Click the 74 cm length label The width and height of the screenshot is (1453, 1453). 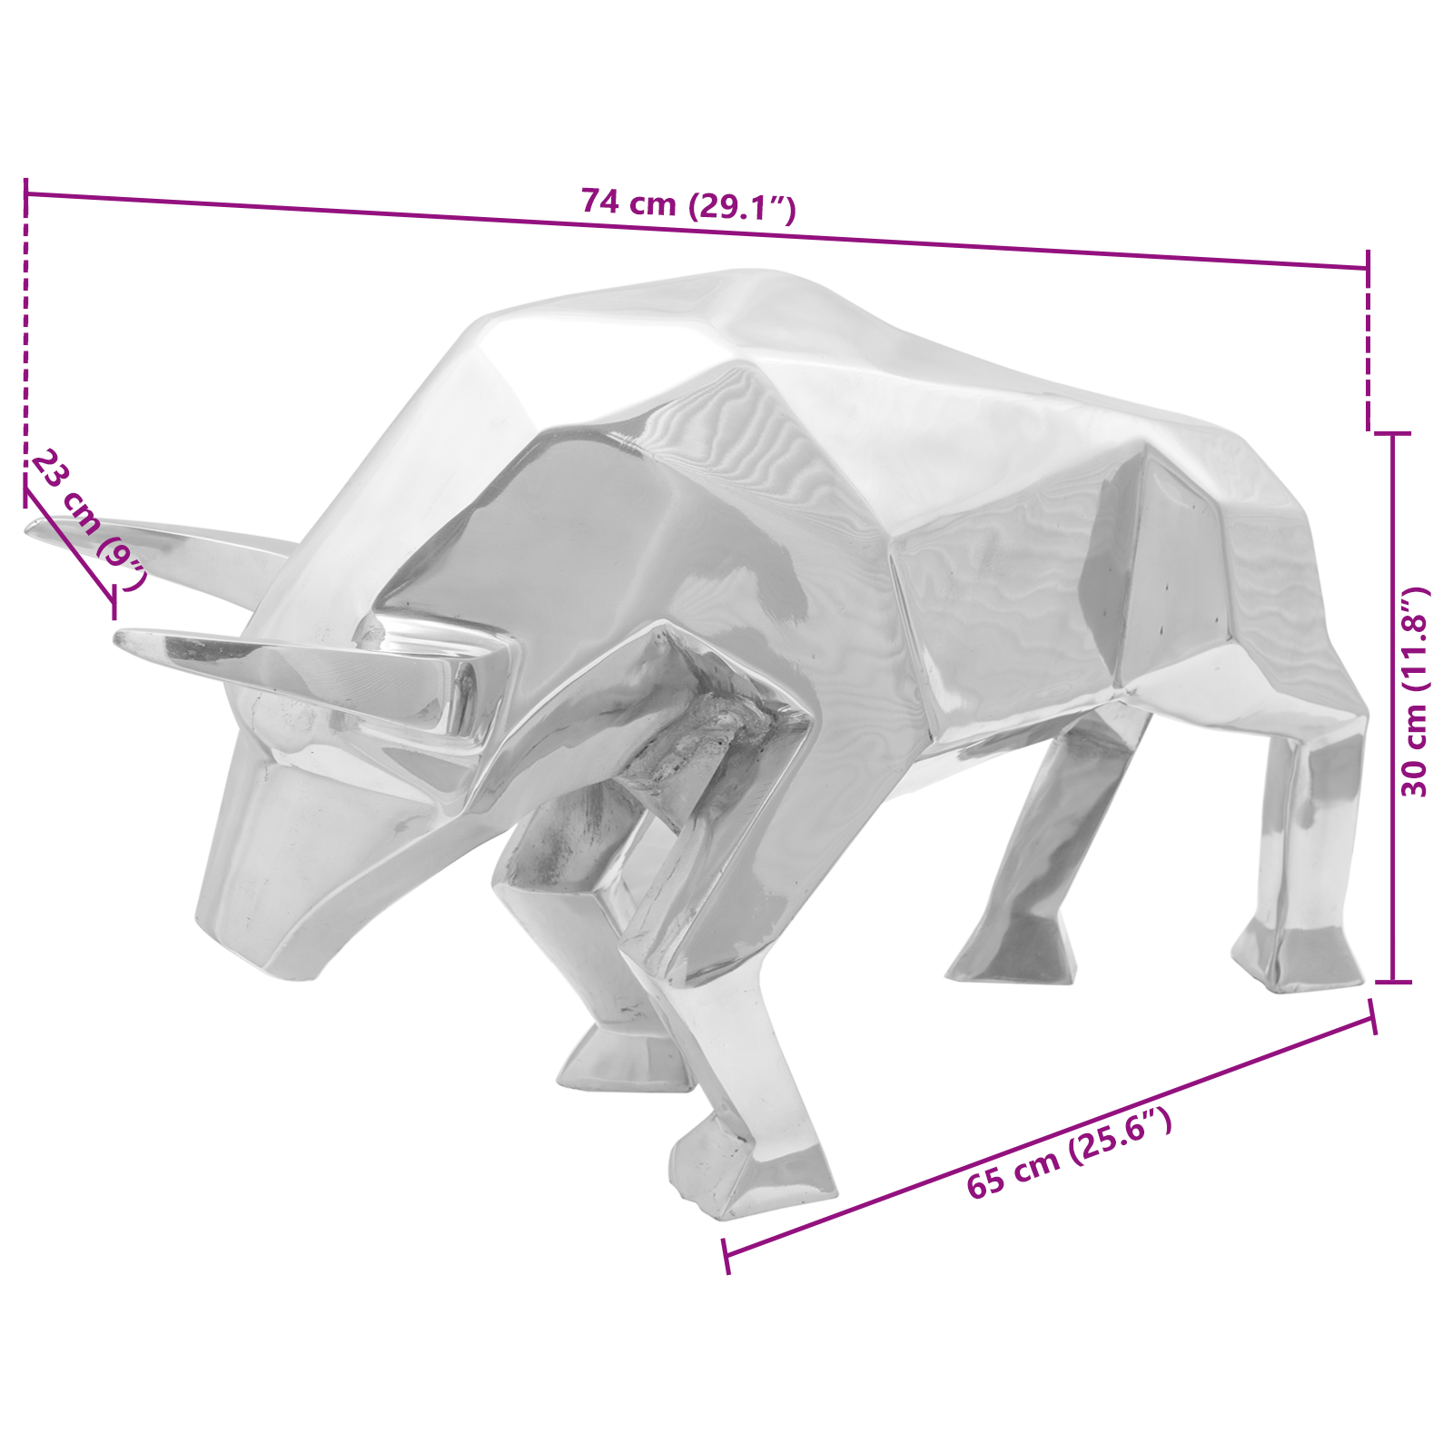[x=628, y=202]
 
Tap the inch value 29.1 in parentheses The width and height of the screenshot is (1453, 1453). [x=742, y=208]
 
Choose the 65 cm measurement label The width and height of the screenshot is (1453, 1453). [x=1013, y=1171]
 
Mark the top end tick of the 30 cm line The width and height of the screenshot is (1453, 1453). [x=1393, y=434]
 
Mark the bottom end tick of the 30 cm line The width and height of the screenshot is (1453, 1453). [x=1393, y=982]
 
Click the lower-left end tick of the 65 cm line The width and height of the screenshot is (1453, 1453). [x=726, y=1255]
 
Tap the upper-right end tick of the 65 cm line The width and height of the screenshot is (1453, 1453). [x=1372, y=1017]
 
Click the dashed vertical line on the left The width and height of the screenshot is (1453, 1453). [x=26, y=345]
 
